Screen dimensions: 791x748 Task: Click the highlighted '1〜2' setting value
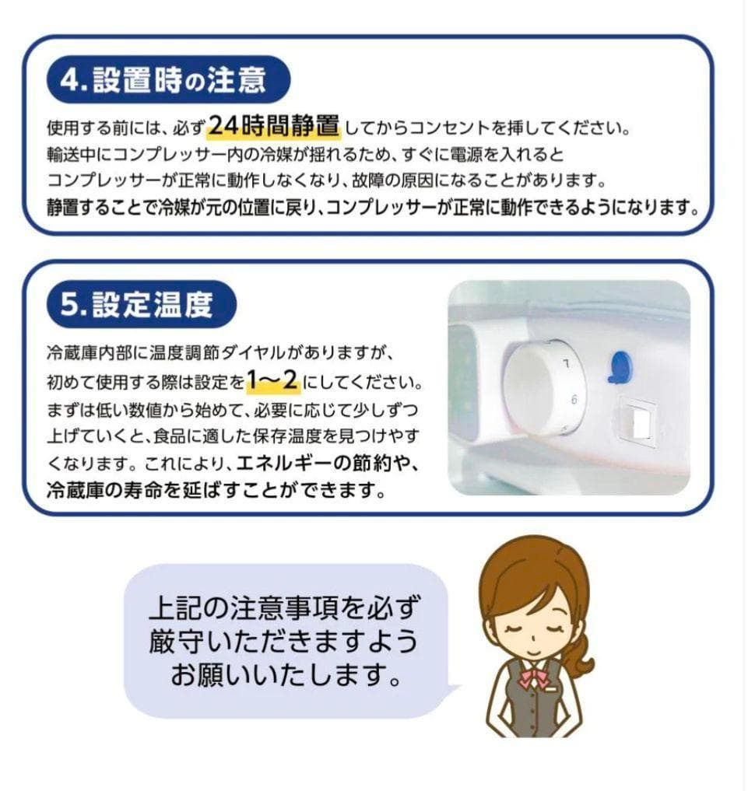click(x=272, y=380)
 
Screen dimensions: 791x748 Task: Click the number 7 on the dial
click(x=567, y=363)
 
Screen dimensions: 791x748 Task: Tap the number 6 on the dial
click(x=574, y=401)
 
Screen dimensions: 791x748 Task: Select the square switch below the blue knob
click(x=638, y=423)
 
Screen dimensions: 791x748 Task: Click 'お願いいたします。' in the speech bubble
click(x=288, y=675)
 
